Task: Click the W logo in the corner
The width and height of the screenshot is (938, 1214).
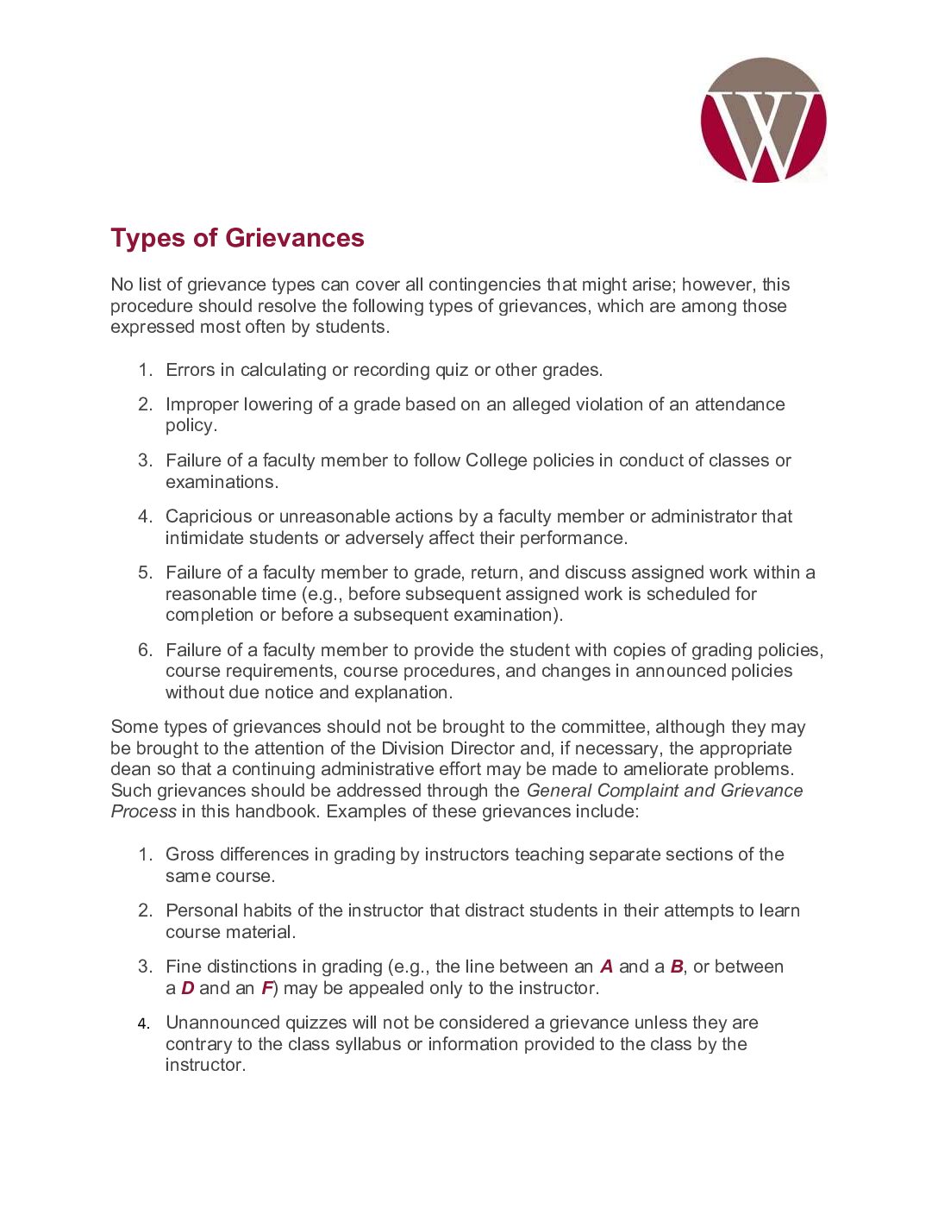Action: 763,121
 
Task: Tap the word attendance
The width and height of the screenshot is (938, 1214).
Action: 740,404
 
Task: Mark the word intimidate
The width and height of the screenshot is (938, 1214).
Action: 204,538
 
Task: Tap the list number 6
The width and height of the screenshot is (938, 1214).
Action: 145,650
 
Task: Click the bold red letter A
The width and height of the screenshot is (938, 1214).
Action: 606,967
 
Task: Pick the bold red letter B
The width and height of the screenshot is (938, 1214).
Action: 677,967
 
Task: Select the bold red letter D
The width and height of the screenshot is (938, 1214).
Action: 187,988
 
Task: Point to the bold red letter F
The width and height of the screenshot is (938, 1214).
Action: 266,988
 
